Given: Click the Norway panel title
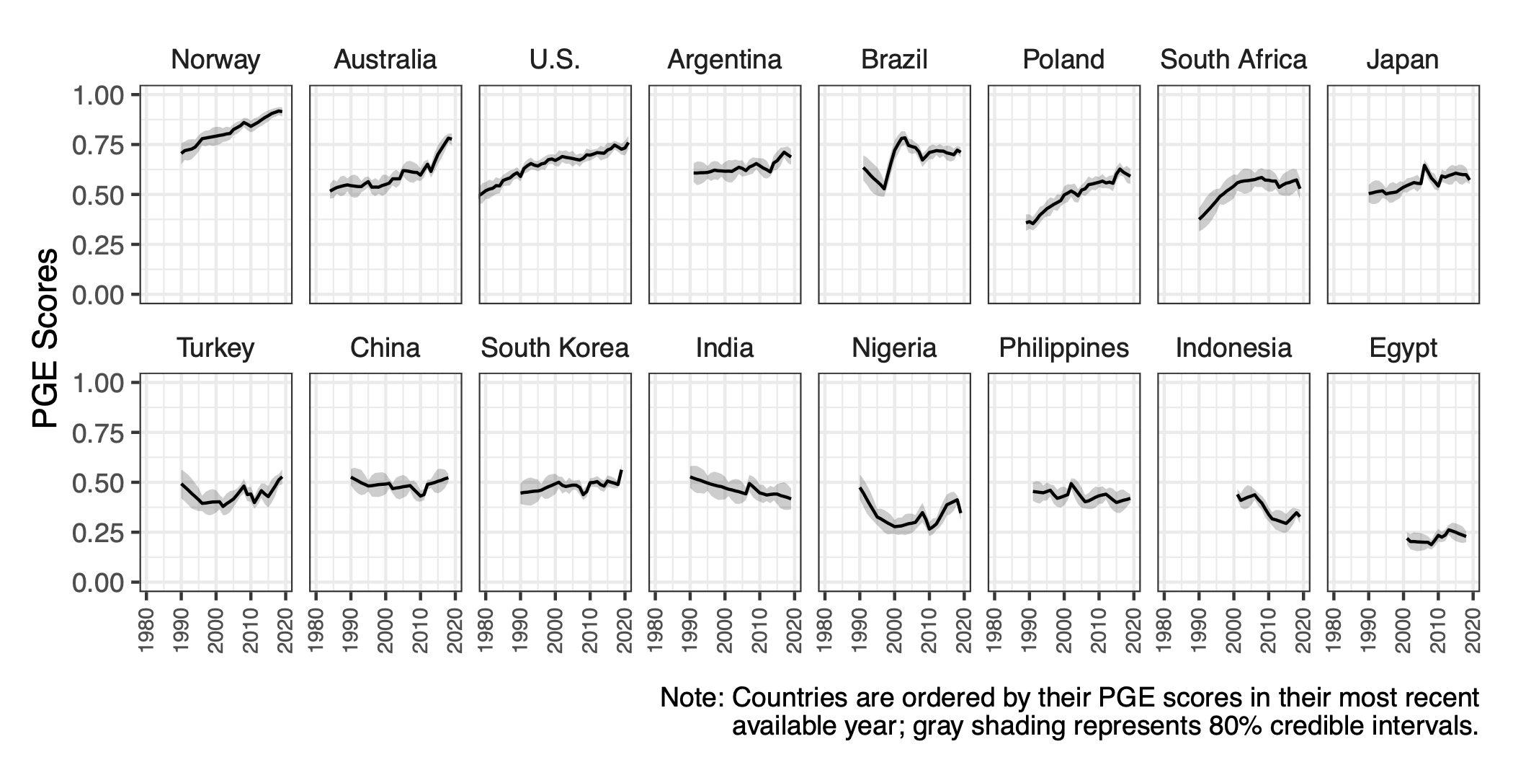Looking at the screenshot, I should (215, 60).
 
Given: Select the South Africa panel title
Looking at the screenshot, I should (1233, 60).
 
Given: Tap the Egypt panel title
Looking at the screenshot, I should (1403, 348).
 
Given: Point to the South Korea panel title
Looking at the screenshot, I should (555, 348).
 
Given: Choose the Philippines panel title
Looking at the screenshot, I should (1063, 348).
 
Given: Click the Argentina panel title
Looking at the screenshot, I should (724, 60).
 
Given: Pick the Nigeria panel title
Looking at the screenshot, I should (894, 348).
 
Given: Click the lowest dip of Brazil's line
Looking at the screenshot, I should (884, 189).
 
